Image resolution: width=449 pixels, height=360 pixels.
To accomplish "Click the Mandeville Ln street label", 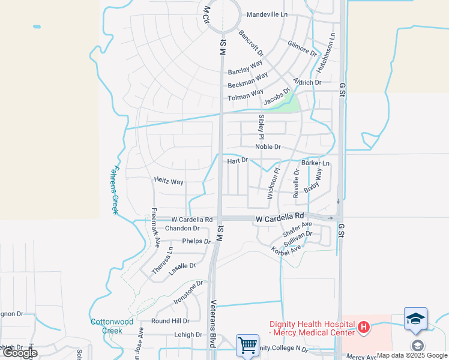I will point(267,14).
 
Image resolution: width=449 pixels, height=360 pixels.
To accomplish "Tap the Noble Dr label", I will point(268,147).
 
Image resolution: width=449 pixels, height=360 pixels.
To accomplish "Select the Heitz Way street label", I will point(169,181).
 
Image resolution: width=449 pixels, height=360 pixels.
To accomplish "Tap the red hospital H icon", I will point(363,328).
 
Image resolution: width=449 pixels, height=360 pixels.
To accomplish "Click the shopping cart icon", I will point(247,345).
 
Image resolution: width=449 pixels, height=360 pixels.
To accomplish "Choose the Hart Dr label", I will point(237,161).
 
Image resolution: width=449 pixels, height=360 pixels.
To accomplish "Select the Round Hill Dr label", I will point(170,322).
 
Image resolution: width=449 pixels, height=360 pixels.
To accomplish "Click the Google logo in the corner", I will point(20,353).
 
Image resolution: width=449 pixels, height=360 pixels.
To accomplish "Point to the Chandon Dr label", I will point(182,229).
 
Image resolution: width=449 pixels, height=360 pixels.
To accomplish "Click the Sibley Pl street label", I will point(261,124).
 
